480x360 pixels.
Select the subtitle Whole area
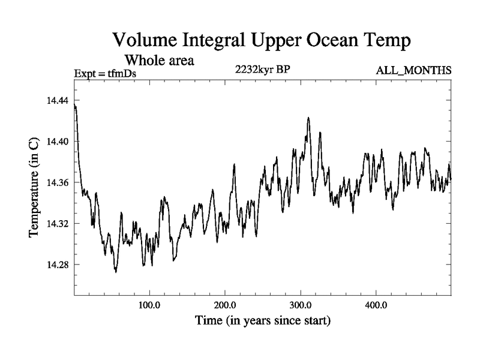tap(158, 60)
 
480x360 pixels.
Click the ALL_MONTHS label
tap(413, 71)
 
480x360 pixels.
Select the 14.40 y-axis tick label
tap(58, 141)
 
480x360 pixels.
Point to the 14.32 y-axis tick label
tap(58, 223)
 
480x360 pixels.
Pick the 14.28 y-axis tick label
tap(58, 265)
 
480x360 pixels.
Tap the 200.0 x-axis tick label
tap(225, 305)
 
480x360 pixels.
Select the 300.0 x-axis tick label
tap(301, 305)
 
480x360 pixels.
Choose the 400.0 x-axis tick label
tap(376, 305)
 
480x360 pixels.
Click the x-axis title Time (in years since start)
tap(263, 321)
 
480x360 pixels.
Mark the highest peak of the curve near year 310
tap(308, 118)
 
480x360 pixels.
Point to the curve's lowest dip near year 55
tap(115, 272)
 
